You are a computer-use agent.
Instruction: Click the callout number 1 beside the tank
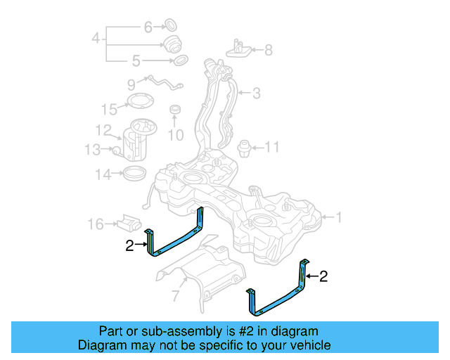pos(339,218)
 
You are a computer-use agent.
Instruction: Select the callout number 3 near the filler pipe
pos(257,92)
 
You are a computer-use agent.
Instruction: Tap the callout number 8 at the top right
pos(268,50)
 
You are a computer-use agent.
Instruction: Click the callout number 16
pos(96,224)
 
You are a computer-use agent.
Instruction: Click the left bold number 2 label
pos(129,245)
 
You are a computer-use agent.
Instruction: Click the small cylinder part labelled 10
pos(176,112)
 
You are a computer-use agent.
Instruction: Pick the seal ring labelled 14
pos(135,173)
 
